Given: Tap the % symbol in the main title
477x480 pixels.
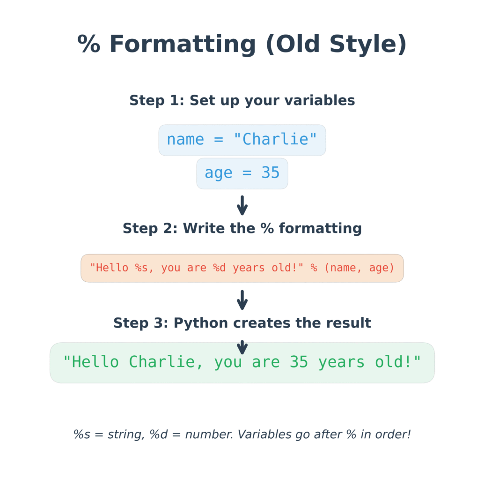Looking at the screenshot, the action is coord(88,44).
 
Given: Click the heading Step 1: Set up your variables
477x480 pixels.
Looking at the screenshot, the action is coord(242,100).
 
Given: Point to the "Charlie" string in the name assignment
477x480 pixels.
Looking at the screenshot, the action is coord(275,139).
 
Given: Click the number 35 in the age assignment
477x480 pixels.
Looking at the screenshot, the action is coord(271,172).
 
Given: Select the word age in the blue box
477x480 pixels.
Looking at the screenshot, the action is coord(218,173).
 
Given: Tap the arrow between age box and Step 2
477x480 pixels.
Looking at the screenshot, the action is coord(242,205).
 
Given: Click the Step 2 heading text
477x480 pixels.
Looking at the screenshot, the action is coord(242,228).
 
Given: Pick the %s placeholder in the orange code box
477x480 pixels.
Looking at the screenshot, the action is coord(141,268).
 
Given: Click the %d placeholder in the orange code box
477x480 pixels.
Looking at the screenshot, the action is coord(219,268).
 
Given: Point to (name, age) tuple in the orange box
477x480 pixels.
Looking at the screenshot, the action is coord(360,268).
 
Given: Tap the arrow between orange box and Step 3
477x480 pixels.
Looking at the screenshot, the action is coord(242,300).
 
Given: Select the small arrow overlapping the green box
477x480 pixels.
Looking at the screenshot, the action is coord(242,347).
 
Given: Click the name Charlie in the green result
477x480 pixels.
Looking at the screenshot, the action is coord(162,362).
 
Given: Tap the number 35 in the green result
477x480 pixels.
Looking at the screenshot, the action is coord(299,362).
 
